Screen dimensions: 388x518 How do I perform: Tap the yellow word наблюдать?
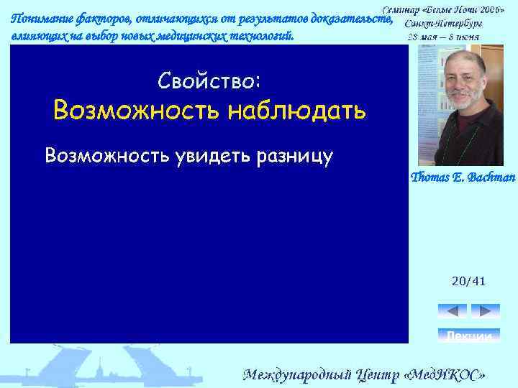coord(298,111)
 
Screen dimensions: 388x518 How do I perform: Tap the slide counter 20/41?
coord(468,281)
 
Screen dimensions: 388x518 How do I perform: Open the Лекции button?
coord(468,336)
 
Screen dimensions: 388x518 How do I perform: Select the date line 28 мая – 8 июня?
coord(444,36)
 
